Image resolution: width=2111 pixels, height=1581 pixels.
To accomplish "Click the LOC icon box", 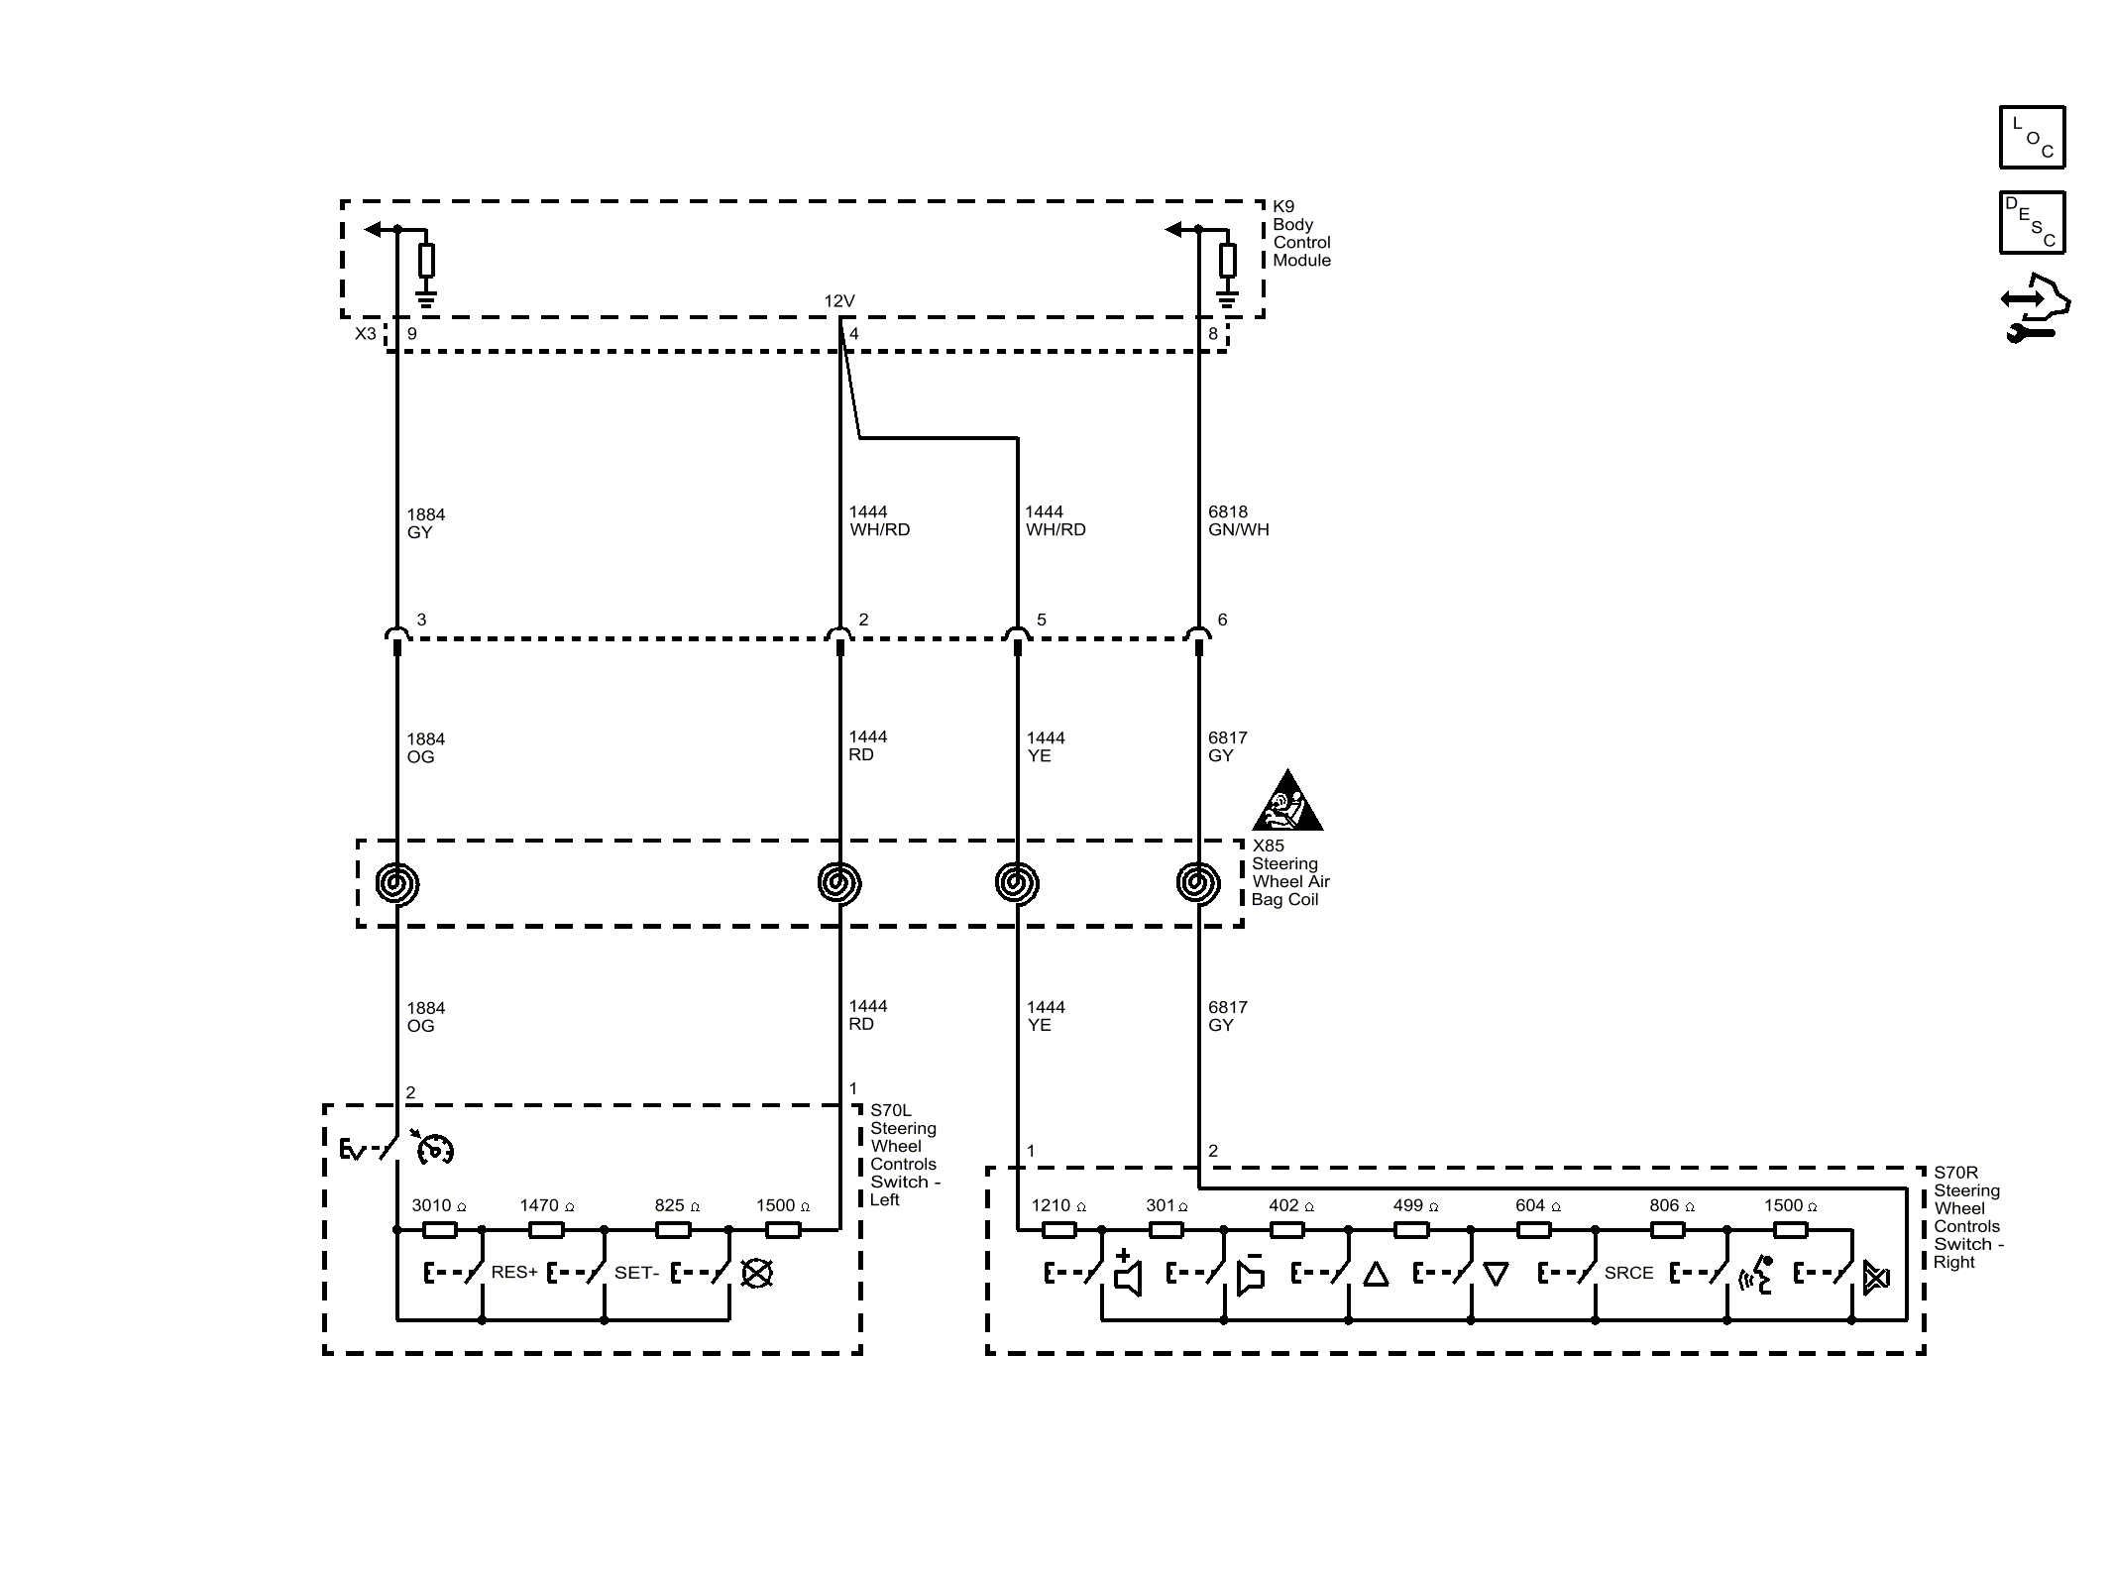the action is pyautogui.click(x=2032, y=137).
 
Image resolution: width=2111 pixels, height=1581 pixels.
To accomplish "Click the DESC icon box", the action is pyautogui.click(x=2032, y=222).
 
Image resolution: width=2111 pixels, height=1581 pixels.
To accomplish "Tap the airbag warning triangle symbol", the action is pyautogui.click(x=1287, y=800).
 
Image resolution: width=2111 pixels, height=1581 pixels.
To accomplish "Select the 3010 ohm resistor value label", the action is pyautogui.click(x=439, y=1205).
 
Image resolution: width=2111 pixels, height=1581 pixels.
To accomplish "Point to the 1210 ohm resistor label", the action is pyautogui.click(x=1058, y=1205).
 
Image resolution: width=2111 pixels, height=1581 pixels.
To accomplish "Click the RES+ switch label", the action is pyautogui.click(x=514, y=1272).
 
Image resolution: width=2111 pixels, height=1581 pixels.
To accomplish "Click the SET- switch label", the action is pyautogui.click(x=636, y=1272).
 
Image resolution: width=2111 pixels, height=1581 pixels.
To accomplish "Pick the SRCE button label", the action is pyautogui.click(x=1629, y=1273).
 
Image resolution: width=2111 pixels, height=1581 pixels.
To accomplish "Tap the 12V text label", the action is pyautogui.click(x=839, y=300).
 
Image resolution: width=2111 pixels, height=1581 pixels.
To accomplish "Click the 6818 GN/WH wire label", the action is pyautogui.click(x=1238, y=520).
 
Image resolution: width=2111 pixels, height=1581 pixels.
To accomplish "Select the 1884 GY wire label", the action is pyautogui.click(x=426, y=523).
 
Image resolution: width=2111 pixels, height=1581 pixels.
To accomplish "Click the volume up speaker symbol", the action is pyautogui.click(x=1127, y=1273).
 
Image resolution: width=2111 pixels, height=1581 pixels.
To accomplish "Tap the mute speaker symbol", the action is pyautogui.click(x=1876, y=1278).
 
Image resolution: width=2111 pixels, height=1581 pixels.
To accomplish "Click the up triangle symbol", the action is pyautogui.click(x=1376, y=1274).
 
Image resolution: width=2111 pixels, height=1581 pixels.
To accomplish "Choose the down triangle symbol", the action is pyautogui.click(x=1497, y=1274).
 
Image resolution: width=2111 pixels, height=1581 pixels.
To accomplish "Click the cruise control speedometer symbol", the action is pyautogui.click(x=433, y=1147).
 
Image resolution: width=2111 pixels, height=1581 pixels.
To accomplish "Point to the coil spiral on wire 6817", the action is pyautogui.click(x=1198, y=882).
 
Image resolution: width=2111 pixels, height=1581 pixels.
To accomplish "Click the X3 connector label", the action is pyautogui.click(x=366, y=334).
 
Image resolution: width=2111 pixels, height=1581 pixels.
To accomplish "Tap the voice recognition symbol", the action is pyautogui.click(x=1755, y=1276).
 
